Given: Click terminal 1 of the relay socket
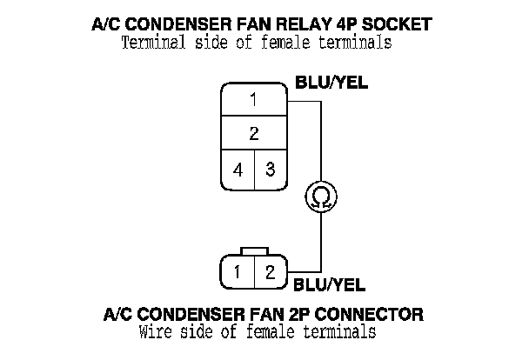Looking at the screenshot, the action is click(254, 99).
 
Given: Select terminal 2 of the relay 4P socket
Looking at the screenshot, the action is click(254, 133).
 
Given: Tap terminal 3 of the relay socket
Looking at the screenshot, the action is click(271, 170).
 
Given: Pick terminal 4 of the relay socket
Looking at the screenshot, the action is click(238, 170).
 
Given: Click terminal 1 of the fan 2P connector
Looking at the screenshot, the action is click(238, 271).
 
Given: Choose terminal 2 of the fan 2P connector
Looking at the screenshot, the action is click(271, 271).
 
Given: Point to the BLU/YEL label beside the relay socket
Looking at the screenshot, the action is click(331, 83).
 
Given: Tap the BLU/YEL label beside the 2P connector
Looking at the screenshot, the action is click(329, 285).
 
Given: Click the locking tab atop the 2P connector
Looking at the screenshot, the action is click(254, 251).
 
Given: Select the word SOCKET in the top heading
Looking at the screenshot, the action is click(397, 24).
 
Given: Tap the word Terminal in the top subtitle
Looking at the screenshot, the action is click(153, 43).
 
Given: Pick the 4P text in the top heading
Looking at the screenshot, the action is click(346, 24).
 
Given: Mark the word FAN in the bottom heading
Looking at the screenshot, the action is click(267, 314).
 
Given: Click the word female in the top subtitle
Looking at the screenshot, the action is click(285, 43).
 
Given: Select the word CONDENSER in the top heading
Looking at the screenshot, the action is click(180, 24).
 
